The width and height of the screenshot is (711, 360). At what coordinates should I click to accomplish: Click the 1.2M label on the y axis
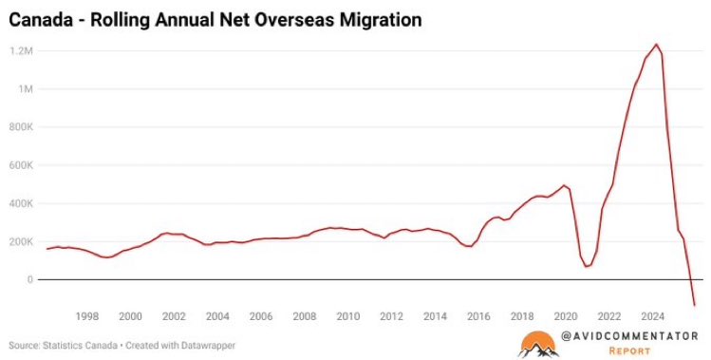pyautogui.click(x=21, y=50)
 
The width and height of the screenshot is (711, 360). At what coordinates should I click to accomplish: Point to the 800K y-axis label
pyautogui.click(x=21, y=126)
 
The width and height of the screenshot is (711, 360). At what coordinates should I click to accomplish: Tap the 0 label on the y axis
pyautogui.click(x=30, y=279)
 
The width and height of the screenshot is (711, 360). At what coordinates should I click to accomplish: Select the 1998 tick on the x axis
pyautogui.click(x=87, y=316)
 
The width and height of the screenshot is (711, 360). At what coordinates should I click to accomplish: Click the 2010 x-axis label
pyautogui.click(x=348, y=316)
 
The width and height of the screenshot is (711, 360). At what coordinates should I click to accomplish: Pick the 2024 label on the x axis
pyautogui.click(x=653, y=316)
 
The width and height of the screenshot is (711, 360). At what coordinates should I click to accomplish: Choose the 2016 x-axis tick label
pyautogui.click(x=478, y=316)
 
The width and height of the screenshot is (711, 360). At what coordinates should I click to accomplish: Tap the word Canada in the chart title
pyautogui.click(x=41, y=20)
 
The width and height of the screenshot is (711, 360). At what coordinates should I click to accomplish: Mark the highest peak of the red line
pyautogui.click(x=656, y=44)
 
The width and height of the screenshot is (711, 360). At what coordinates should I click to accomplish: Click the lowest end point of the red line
pyautogui.click(x=694, y=305)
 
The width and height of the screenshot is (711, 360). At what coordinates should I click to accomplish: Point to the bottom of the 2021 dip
pyautogui.click(x=586, y=266)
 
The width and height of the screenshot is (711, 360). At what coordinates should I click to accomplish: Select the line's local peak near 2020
pyautogui.click(x=564, y=185)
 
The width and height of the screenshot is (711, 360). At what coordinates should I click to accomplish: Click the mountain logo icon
pyautogui.click(x=538, y=345)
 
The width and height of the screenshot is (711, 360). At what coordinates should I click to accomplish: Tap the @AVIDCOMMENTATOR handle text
pyautogui.click(x=629, y=336)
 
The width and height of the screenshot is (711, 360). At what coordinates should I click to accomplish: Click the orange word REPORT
pyautogui.click(x=629, y=351)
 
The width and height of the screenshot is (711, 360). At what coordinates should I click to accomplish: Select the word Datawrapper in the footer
pyautogui.click(x=208, y=346)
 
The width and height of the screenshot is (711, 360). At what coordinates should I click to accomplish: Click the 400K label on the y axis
pyautogui.click(x=21, y=203)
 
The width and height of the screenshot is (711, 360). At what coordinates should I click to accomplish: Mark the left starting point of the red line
pyautogui.click(x=47, y=249)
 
